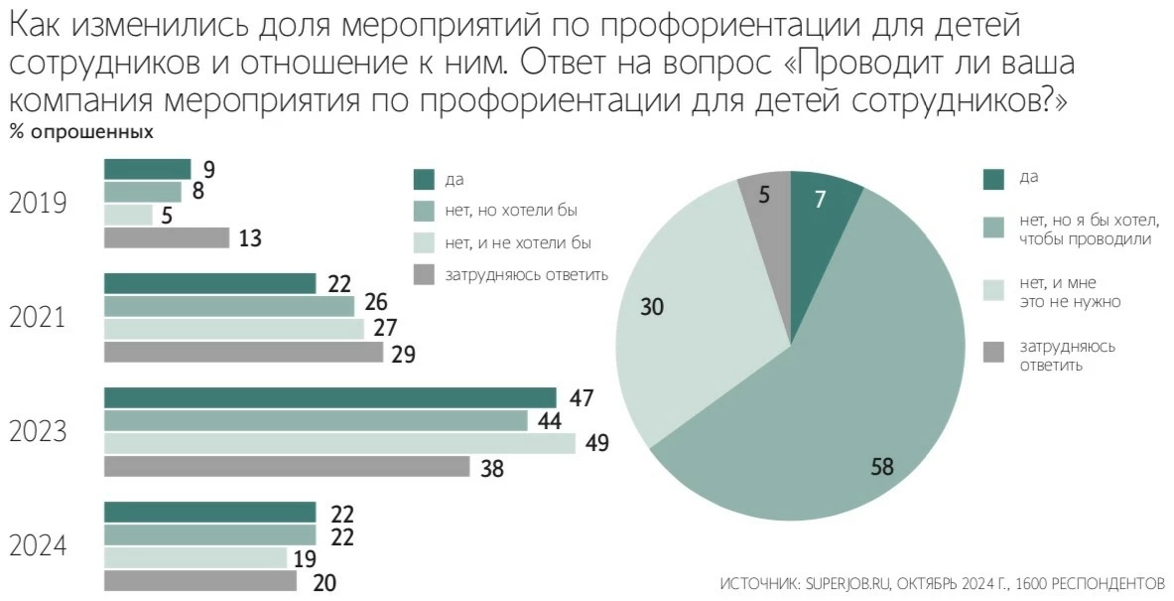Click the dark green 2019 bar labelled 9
tap(147, 169)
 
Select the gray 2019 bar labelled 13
tap(167, 238)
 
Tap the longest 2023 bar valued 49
tap(339, 443)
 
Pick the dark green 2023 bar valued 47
tap(329, 397)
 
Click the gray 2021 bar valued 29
tap(243, 353)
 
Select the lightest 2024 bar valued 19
tap(196, 558)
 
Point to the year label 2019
tap(38, 204)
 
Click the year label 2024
tap(38, 547)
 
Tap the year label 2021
tap(38, 318)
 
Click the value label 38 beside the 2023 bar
tap(491, 468)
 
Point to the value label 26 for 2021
tap(375, 303)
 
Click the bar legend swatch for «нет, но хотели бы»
tap(425, 211)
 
